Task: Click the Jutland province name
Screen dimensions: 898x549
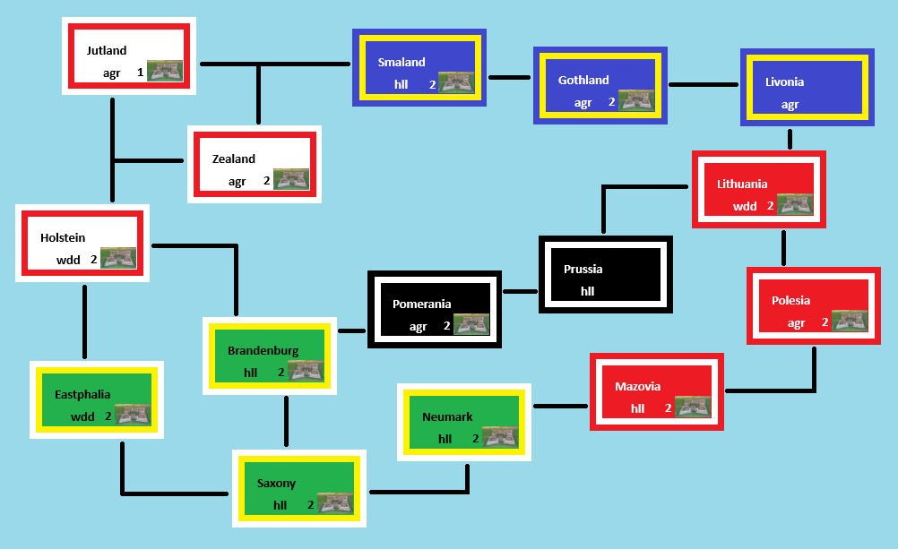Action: click(107, 50)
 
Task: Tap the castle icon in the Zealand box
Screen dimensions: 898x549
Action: click(291, 179)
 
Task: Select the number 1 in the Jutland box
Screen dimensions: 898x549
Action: click(141, 73)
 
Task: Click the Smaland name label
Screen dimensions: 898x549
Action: click(402, 62)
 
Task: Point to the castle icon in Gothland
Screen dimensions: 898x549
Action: click(635, 100)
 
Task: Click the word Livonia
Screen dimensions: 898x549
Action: click(784, 81)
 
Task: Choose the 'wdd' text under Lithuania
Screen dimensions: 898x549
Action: click(745, 206)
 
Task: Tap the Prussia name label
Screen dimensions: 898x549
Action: click(583, 269)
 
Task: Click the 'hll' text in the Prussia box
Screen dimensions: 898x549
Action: click(588, 291)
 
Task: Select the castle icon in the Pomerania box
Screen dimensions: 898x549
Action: click(471, 324)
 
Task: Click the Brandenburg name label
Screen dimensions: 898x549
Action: click(263, 350)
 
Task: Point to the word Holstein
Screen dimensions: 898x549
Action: click(63, 237)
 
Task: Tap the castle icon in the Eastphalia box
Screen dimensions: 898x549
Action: click(133, 415)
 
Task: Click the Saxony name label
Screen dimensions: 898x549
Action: click(276, 483)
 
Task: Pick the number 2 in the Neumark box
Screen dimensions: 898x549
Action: click(475, 439)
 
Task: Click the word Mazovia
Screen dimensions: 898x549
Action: click(637, 386)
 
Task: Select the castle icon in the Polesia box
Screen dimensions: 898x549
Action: click(850, 321)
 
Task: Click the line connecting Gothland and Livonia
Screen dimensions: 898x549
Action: click(704, 85)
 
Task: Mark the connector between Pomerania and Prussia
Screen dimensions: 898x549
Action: click(520, 291)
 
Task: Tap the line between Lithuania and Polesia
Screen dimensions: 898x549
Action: click(783, 247)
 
